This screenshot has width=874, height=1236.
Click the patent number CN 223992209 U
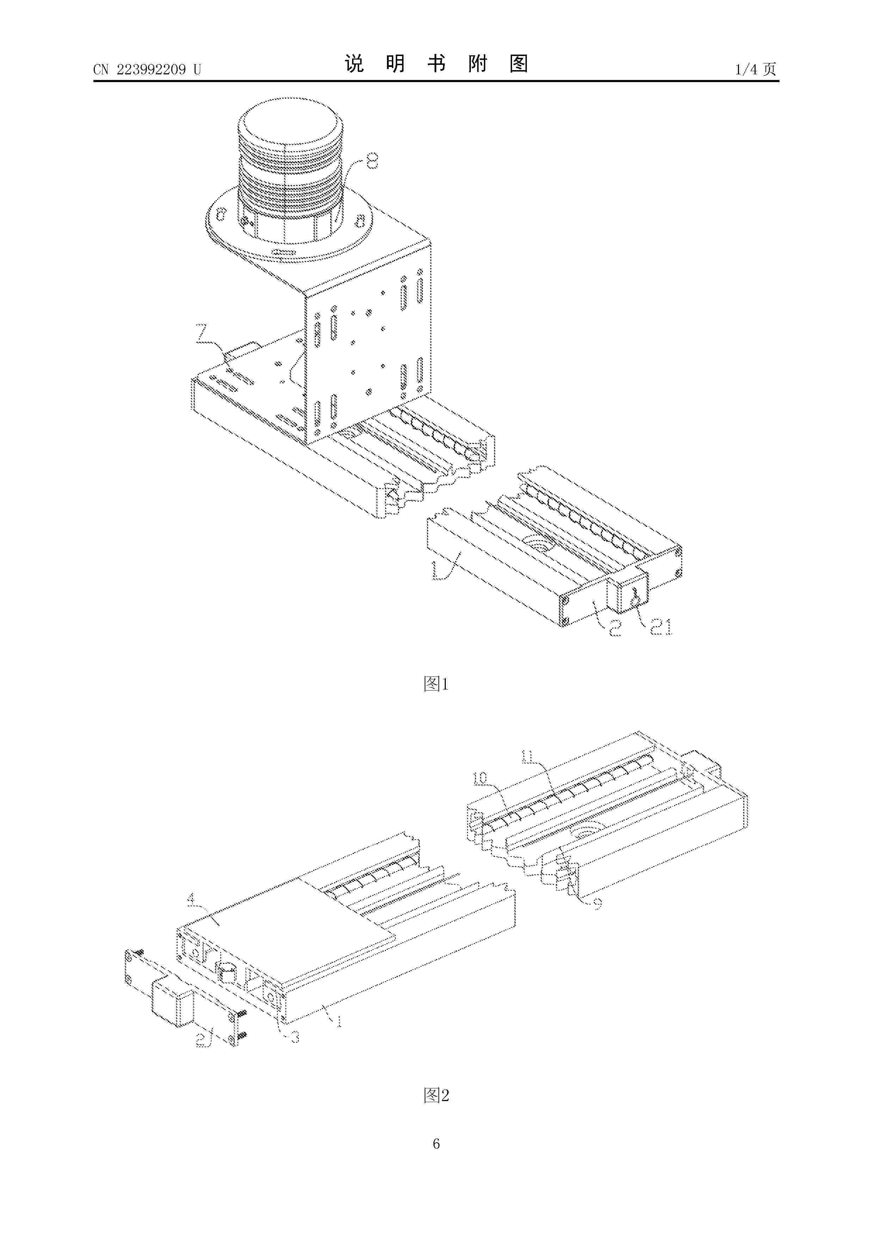point(147,69)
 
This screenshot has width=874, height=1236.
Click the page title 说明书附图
point(436,64)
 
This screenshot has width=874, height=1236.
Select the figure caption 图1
point(436,684)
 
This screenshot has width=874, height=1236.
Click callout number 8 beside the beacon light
point(371,161)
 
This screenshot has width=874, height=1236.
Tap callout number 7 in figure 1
point(202,332)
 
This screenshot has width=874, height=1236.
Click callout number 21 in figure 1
point(661,627)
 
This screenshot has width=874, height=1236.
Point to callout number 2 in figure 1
point(616,628)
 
